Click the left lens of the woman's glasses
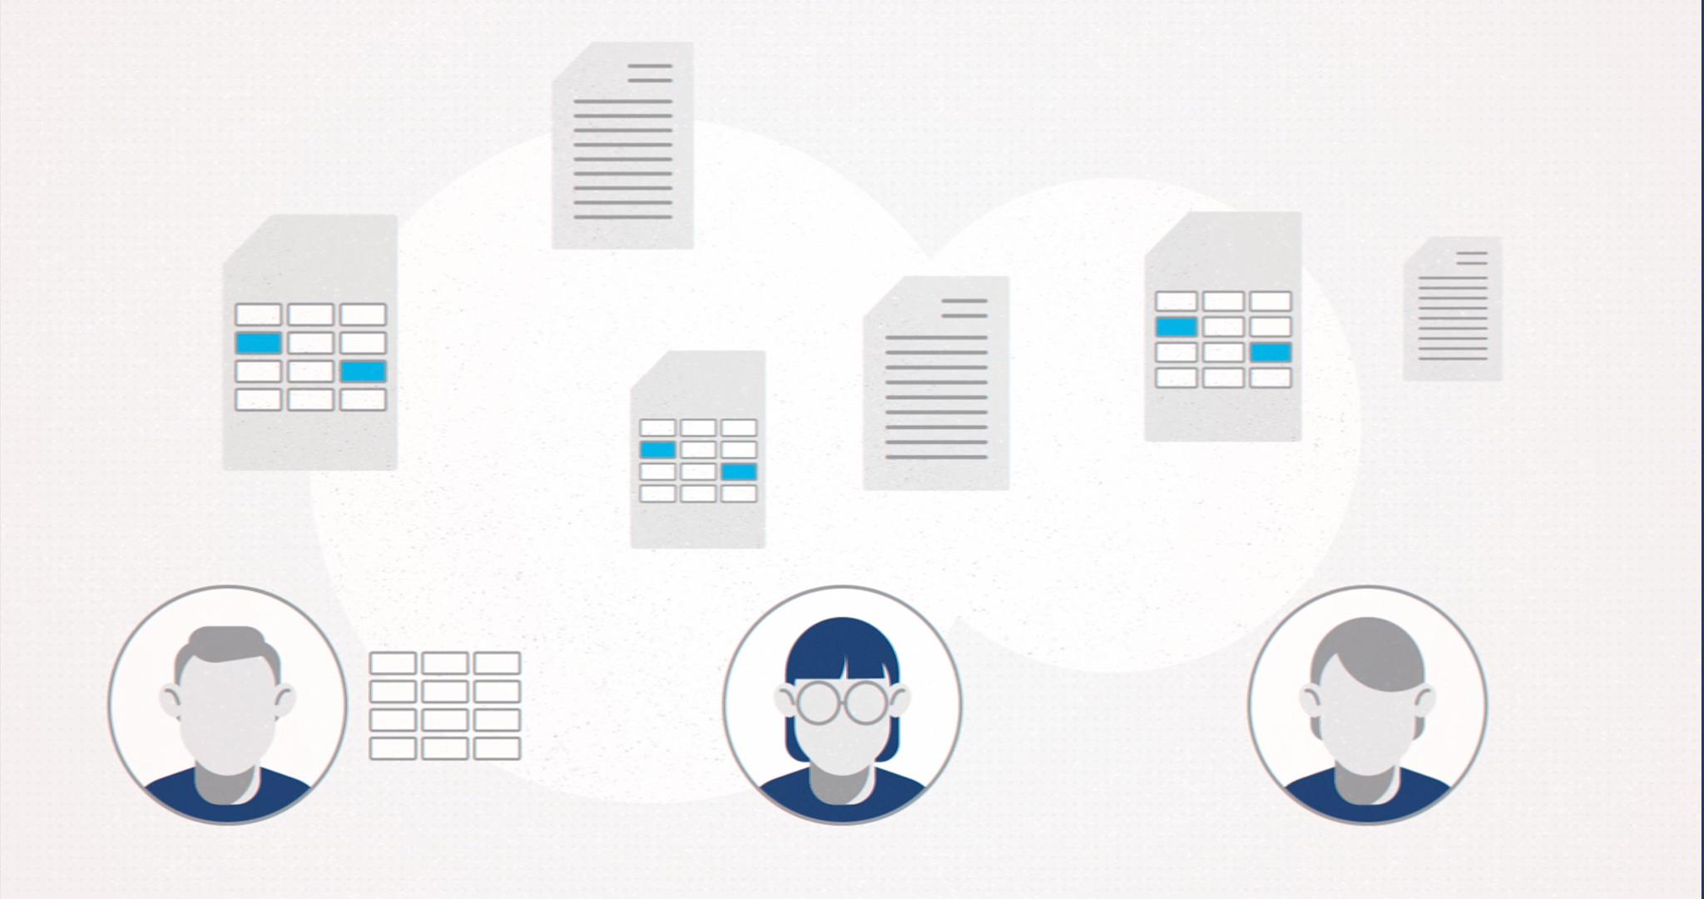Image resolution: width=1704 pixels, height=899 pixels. pos(819,701)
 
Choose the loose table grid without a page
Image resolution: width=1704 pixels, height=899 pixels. pos(445,706)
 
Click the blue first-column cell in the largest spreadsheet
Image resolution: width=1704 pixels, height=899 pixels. pos(259,343)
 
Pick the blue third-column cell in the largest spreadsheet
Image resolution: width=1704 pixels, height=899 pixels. pos(364,371)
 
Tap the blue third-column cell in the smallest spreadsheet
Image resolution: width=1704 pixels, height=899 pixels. pos(739,472)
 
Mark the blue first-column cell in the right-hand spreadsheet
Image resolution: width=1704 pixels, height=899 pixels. pos(1176,326)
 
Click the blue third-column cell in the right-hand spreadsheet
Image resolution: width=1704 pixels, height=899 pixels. pos(1271,352)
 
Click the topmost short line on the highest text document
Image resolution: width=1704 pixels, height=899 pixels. pos(650,66)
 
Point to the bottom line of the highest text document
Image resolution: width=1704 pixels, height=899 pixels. pos(623,217)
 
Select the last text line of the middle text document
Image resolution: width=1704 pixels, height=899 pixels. pos(936,457)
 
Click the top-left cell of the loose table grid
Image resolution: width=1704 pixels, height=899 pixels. pos(393,663)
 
